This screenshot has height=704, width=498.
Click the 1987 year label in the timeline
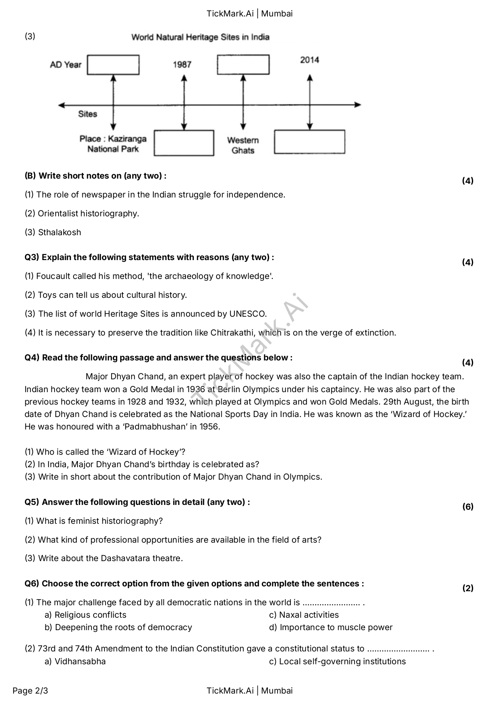pos(182,65)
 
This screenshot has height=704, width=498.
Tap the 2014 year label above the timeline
pos(309,60)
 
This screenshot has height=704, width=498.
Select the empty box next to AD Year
pos(113,65)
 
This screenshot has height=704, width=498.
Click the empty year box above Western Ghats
pos(243,65)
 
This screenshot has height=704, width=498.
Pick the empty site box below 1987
pos(184,143)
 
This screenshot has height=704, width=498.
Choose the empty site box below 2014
pos(309,142)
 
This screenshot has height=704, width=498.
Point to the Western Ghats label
pos(243,145)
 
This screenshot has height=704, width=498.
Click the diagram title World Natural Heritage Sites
pos(200,37)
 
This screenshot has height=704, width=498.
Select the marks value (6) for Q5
pos(468,507)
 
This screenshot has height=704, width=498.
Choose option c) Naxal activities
pos(304,615)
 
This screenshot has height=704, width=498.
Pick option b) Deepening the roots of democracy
pos(118,627)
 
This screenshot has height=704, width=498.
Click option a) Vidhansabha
pos(76,661)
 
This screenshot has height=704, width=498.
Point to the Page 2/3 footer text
pos(30,691)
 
